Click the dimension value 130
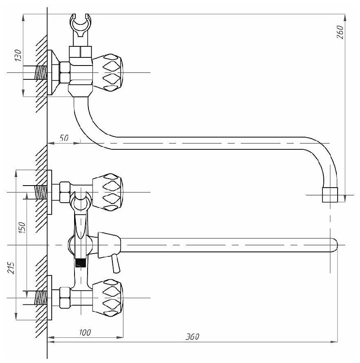18,55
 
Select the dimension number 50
64,138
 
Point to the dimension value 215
11,267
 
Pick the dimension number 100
85,333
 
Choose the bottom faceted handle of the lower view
108,297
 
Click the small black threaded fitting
81,262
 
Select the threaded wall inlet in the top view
40,73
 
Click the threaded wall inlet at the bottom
40,297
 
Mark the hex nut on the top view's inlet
64,73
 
